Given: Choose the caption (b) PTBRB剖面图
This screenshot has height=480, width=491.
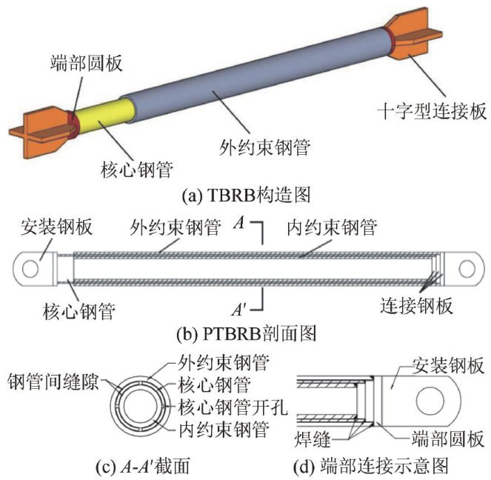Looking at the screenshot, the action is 244,333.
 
